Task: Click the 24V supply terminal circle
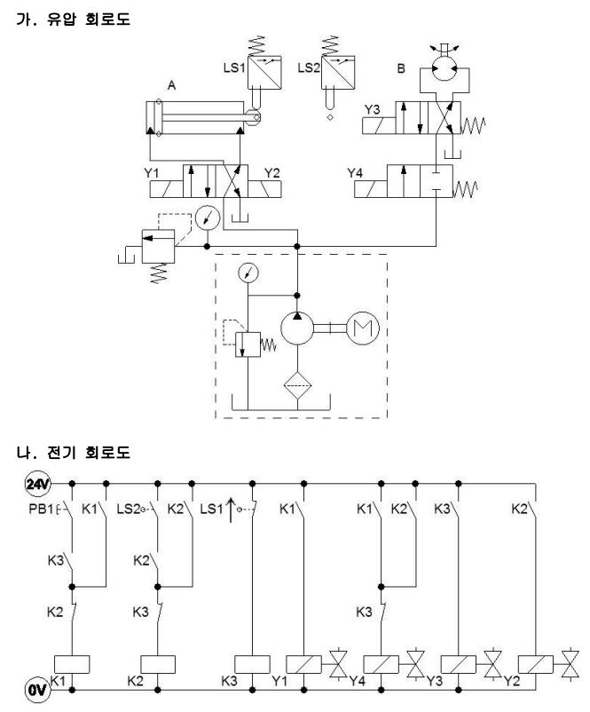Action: (37, 484)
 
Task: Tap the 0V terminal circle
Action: (37, 690)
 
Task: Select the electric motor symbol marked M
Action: (363, 328)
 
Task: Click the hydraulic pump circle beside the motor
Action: (297, 328)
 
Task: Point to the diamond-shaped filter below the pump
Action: (297, 385)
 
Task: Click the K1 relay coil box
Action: (72, 664)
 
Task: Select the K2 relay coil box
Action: (158, 664)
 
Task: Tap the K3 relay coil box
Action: (252, 664)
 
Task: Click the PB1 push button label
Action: (42, 509)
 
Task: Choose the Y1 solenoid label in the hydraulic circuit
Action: (152, 173)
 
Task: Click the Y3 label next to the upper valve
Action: (372, 109)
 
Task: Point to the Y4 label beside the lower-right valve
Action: (355, 173)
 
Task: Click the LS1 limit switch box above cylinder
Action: (264, 72)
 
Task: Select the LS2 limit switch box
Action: (338, 72)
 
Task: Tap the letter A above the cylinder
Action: (171, 85)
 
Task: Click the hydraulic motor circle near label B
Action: (444, 68)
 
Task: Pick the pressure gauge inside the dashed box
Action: (248, 273)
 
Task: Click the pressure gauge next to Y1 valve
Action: (208, 218)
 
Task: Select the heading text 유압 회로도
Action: (89, 19)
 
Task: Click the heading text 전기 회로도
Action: (89, 452)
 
